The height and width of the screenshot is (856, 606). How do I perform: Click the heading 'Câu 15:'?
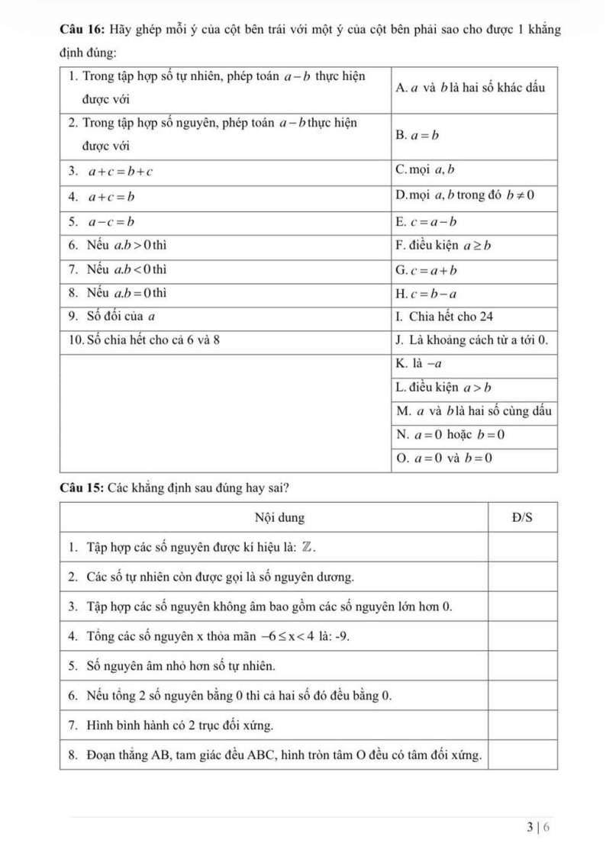coord(82,488)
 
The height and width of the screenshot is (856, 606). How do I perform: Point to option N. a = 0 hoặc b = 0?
coord(451,435)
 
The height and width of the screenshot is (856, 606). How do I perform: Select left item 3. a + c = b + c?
coord(111,172)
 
